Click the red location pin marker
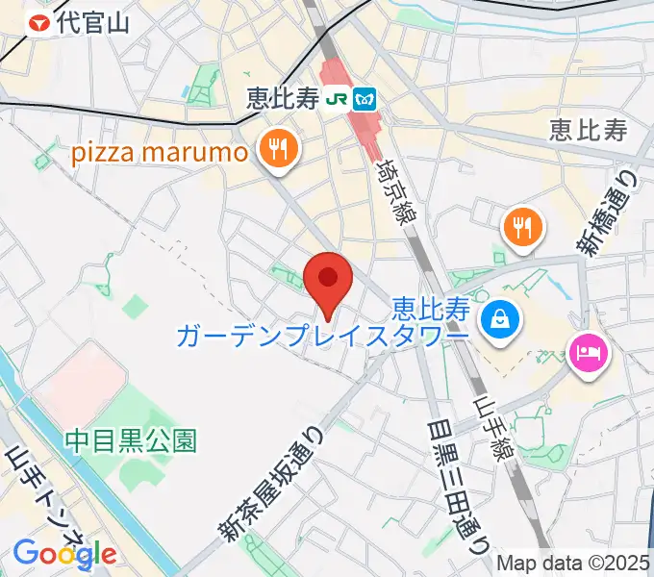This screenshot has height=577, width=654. point(328,280)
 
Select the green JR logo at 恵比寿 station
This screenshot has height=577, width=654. point(337,98)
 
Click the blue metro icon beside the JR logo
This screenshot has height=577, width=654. point(365,98)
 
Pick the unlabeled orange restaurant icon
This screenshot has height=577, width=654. point(522,228)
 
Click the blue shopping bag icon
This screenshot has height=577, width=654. point(500,316)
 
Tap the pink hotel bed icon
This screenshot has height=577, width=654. point(589,353)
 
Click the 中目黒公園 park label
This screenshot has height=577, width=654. point(131,441)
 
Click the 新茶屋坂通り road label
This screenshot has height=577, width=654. point(275,486)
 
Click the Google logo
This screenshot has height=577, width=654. point(63,554)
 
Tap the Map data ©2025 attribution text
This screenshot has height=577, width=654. point(572,563)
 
